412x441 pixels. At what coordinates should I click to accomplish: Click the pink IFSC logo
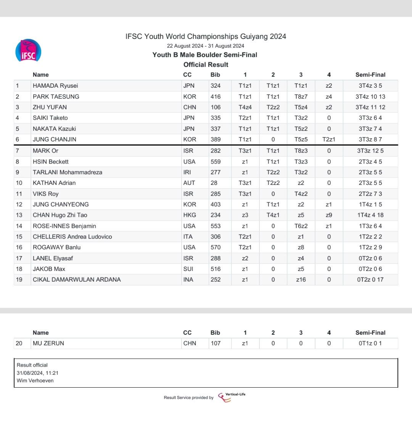click(x=28, y=51)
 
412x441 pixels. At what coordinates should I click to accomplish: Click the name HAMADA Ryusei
click(x=55, y=86)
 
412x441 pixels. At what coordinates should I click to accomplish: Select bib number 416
click(x=216, y=96)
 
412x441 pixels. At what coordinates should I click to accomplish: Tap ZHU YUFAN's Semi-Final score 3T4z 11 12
click(x=370, y=107)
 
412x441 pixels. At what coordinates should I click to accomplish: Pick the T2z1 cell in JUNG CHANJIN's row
click(x=329, y=139)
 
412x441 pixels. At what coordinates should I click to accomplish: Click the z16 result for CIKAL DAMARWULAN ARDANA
click(x=301, y=279)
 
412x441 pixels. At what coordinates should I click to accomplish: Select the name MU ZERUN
click(x=48, y=343)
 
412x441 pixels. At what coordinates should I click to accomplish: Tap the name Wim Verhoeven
click(x=35, y=380)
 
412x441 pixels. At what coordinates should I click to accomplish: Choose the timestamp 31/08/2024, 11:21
click(x=37, y=373)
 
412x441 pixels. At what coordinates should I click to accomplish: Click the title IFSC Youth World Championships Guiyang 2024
click(x=206, y=37)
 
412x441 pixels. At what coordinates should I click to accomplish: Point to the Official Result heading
click(x=206, y=65)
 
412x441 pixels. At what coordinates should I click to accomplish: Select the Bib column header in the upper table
click(x=215, y=75)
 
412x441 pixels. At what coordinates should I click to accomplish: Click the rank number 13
click(x=19, y=215)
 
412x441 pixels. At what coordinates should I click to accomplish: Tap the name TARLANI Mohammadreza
click(x=68, y=172)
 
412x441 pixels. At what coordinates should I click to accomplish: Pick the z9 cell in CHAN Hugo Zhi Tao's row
click(x=329, y=215)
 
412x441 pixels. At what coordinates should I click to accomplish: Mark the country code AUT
click(x=189, y=183)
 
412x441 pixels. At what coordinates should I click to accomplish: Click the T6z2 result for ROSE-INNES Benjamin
click(x=301, y=226)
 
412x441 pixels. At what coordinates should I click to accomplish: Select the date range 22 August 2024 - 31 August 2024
click(x=206, y=46)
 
